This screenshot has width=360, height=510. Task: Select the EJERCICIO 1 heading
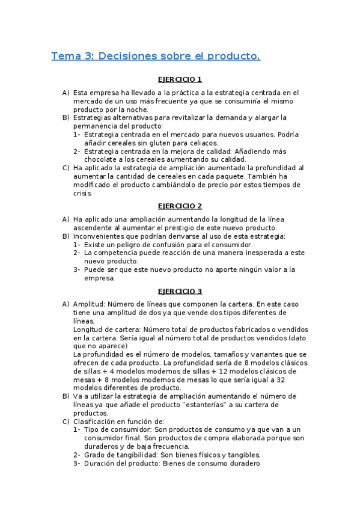(x=180, y=79)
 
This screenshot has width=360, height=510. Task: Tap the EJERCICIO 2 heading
(x=180, y=206)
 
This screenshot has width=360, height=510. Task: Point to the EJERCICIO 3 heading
(x=180, y=291)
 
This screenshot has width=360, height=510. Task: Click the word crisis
(x=83, y=194)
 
